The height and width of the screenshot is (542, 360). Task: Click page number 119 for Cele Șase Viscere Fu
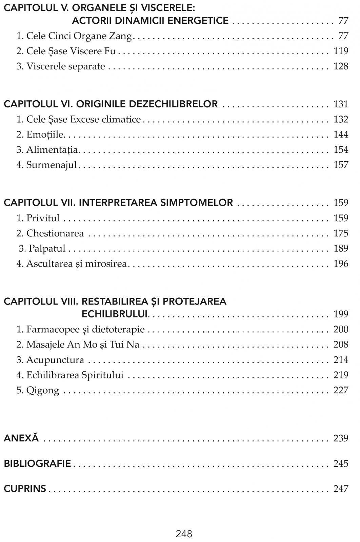(341, 51)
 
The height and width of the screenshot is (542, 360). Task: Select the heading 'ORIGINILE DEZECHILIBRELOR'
(147, 104)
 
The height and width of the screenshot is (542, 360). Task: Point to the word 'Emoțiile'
(45, 134)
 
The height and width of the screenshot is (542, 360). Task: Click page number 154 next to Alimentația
(341, 150)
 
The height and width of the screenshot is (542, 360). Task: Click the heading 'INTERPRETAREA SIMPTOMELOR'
(156, 203)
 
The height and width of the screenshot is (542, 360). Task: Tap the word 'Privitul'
(43, 218)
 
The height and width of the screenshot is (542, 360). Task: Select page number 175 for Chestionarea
(341, 233)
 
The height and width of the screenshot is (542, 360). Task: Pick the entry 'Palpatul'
(47, 249)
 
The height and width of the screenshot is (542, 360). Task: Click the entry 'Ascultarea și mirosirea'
(76, 264)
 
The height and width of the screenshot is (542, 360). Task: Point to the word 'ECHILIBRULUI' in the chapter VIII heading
(115, 314)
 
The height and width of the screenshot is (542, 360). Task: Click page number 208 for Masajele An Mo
(341, 345)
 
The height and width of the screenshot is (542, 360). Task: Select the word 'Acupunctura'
(55, 360)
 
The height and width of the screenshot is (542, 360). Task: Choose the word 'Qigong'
(42, 390)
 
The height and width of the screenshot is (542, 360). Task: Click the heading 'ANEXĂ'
(21, 438)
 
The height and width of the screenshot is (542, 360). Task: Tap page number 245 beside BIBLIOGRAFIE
(341, 463)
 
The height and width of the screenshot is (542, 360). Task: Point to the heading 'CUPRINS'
(25, 489)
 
